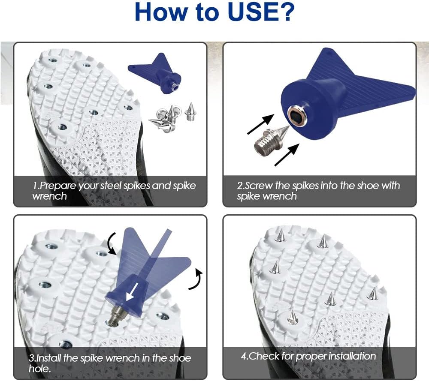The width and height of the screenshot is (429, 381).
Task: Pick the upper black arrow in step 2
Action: point(261,124)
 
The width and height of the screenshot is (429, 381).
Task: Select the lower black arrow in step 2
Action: point(287,155)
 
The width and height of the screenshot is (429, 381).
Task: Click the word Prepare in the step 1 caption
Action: point(57,186)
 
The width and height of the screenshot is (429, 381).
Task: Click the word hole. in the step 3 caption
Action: point(39,369)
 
